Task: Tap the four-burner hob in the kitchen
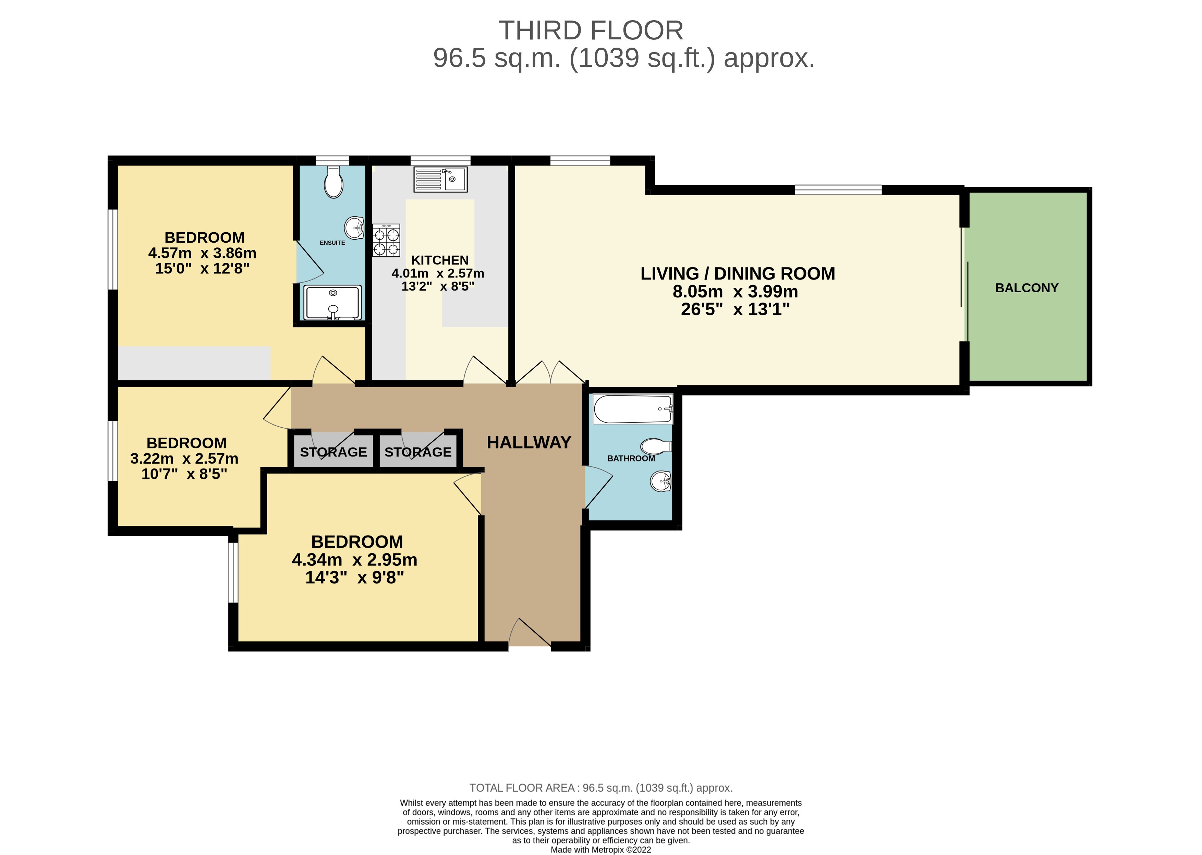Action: pos(386,241)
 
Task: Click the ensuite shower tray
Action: pos(333,303)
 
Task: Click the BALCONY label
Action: pos(1027,288)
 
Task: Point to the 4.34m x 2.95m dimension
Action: pos(354,560)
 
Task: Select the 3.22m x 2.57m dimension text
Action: pos(184,459)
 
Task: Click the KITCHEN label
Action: pos(440,260)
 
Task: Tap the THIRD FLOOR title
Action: pos(591,30)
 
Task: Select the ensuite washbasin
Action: pos(354,228)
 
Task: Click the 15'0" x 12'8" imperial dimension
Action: pos(202,269)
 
